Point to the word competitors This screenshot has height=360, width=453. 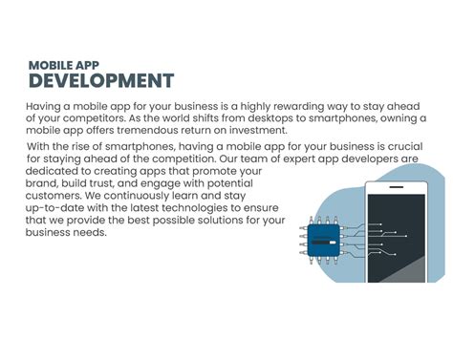(98, 117)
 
